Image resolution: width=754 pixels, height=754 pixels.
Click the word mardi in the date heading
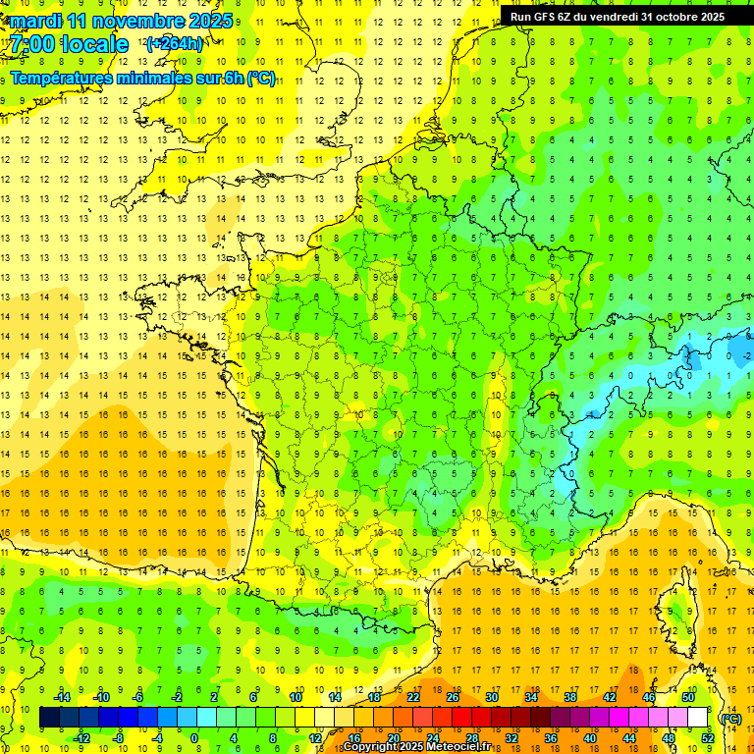click(x=34, y=21)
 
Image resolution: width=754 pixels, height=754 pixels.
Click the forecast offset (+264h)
click(x=174, y=43)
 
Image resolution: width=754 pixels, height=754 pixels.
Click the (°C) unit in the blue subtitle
click(x=261, y=78)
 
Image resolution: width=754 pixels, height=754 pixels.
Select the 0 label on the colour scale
click(x=193, y=738)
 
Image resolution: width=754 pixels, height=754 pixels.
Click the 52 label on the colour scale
click(x=708, y=738)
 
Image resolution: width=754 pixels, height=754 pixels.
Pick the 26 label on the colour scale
click(x=453, y=697)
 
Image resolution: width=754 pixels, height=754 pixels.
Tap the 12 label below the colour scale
click(x=315, y=738)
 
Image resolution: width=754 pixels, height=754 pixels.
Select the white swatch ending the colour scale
click(x=698, y=718)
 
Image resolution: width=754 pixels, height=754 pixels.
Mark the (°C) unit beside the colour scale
click(x=730, y=718)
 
